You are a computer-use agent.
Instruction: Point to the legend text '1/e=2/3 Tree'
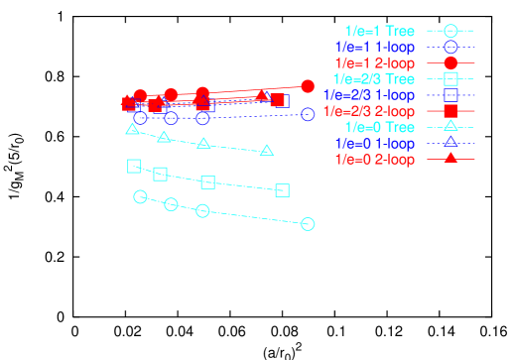[x=371, y=78]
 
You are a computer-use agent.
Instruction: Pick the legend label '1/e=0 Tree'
[x=379, y=127]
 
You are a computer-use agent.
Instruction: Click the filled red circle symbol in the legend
[x=450, y=62]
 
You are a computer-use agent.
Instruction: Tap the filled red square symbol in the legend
[x=450, y=111]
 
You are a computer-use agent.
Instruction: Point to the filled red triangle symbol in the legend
[x=450, y=158]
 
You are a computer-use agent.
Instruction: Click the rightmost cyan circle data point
[x=308, y=224]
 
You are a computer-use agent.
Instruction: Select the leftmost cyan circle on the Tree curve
[x=140, y=196]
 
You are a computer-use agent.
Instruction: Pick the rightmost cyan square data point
[x=282, y=190]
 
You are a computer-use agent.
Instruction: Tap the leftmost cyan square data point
[x=134, y=166]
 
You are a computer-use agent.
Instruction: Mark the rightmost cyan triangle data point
[x=267, y=150]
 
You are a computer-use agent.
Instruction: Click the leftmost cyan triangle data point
[x=132, y=129]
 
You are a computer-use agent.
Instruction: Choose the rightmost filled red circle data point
[x=308, y=86]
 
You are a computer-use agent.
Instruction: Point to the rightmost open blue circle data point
[x=308, y=114]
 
